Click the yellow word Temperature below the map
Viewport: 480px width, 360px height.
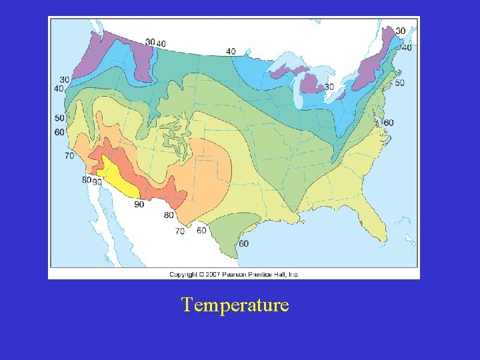235,305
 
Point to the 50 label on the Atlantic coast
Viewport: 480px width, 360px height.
399,83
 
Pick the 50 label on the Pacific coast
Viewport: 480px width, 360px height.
59,118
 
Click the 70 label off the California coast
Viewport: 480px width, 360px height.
69,156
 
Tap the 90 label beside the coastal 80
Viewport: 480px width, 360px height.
97,182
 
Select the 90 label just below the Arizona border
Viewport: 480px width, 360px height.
139,205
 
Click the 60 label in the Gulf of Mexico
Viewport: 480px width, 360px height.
243,243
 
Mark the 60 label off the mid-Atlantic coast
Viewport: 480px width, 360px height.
389,123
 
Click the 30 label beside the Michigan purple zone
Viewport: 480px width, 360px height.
329,87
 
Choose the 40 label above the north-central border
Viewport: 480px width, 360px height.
231,51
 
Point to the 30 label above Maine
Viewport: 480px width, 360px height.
400,31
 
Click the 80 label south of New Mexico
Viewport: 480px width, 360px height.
169,215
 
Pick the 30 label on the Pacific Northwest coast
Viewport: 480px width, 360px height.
65,80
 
